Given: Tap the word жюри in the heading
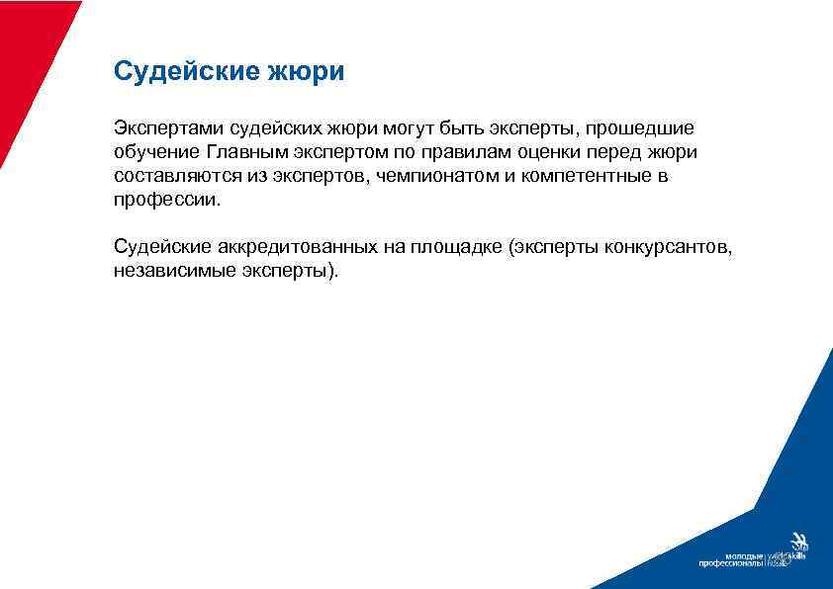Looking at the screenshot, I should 315,72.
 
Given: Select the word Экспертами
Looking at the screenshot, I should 168,128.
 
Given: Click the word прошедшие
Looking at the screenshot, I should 643,128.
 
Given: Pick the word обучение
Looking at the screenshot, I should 156,152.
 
